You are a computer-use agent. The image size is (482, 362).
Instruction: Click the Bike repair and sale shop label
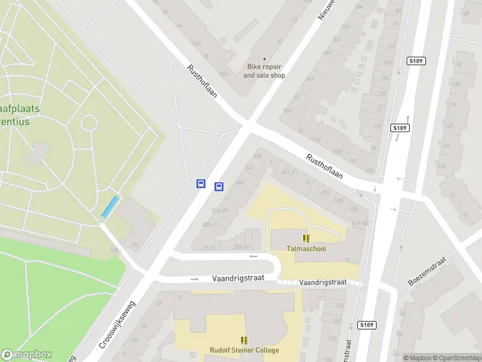pyautogui.click(x=264, y=71)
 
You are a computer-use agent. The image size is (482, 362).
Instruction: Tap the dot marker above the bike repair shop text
pyautogui.click(x=264, y=59)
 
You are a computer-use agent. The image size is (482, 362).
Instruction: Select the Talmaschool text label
pyautogui.click(x=306, y=249)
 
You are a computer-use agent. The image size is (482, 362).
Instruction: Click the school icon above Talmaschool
pyautogui.click(x=306, y=238)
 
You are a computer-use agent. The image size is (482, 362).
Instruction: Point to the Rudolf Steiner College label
pyautogui.click(x=244, y=351)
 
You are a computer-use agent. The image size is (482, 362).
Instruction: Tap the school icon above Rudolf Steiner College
pyautogui.click(x=244, y=340)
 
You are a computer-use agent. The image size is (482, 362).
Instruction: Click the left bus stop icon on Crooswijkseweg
pyautogui.click(x=201, y=183)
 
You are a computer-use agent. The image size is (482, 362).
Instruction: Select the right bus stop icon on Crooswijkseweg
pyautogui.click(x=219, y=186)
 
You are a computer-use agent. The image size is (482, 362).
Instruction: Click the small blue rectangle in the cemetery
pyautogui.click(x=110, y=207)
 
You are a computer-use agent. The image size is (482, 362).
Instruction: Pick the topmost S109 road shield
pyautogui.click(x=416, y=60)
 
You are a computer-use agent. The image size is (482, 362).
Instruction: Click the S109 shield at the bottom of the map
pyautogui.click(x=366, y=325)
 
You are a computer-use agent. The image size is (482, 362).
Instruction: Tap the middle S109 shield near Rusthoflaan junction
pyautogui.click(x=400, y=128)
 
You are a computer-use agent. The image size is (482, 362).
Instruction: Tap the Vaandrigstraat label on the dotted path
pyautogui.click(x=323, y=282)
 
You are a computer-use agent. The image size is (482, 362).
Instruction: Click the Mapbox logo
pyautogui.click(x=26, y=355)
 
